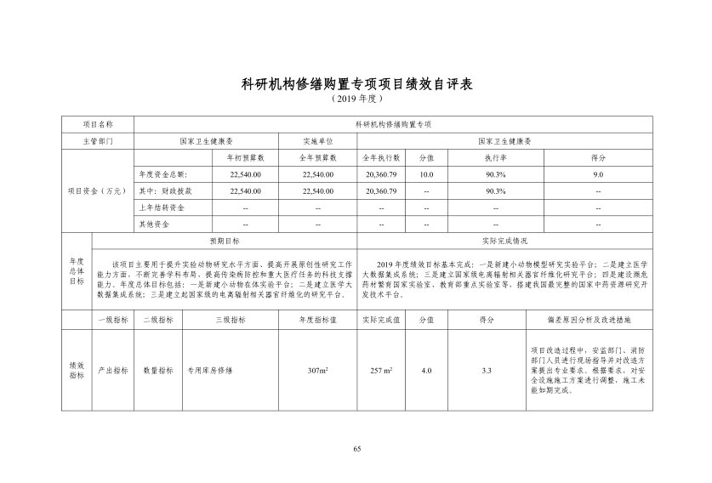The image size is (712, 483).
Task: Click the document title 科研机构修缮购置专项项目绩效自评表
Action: pyautogui.click(x=356, y=84)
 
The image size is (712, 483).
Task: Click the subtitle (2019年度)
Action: pyautogui.click(x=356, y=99)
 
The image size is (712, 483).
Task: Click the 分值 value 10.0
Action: pyautogui.click(x=426, y=173)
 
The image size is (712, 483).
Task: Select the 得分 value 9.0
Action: pyautogui.click(x=598, y=173)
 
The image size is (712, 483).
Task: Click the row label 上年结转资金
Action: pyautogui.click(x=162, y=207)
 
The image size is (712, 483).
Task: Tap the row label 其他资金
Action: pyautogui.click(x=154, y=224)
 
